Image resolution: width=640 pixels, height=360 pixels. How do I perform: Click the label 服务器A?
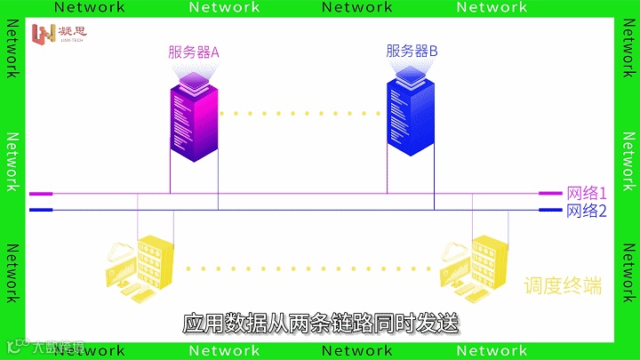click(x=194, y=52)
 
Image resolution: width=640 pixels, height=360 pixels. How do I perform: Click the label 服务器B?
click(x=412, y=52)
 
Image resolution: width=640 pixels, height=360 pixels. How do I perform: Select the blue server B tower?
click(x=411, y=120)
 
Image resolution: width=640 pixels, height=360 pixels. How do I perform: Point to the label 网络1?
click(x=587, y=193)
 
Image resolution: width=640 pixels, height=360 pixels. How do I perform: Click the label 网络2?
click(x=587, y=211)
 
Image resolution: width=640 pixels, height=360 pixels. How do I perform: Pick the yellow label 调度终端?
click(x=562, y=286)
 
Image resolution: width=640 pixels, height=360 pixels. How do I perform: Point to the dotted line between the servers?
click(x=302, y=113)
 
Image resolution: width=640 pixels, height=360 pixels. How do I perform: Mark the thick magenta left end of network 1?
click(x=41, y=193)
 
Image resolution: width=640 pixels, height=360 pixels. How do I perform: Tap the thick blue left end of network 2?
click(x=41, y=211)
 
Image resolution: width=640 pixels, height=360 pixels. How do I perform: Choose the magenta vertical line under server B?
click(x=387, y=173)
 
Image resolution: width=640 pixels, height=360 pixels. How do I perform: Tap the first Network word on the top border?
click(x=90, y=7)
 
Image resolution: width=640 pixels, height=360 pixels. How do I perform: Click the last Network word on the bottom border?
click(x=492, y=352)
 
